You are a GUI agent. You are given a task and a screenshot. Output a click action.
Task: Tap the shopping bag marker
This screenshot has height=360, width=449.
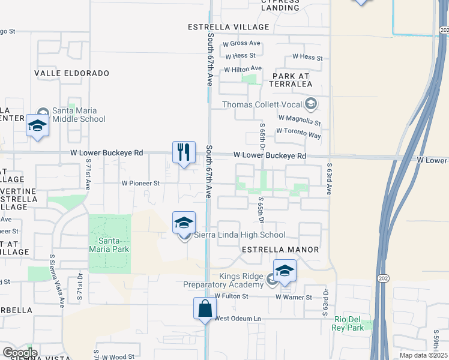click(205, 308)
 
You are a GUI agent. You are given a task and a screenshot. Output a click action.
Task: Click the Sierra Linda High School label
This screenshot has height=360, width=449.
click(239, 235)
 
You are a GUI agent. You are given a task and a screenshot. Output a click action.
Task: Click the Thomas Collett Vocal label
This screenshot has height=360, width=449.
click(262, 104)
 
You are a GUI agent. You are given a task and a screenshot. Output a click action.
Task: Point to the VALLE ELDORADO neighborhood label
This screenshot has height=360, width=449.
click(72, 73)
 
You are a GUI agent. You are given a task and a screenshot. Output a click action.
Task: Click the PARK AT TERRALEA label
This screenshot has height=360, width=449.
click(292, 80)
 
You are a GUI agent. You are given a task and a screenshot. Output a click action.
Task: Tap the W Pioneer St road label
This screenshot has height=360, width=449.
click(140, 183)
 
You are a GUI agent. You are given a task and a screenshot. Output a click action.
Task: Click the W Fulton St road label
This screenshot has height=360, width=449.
click(229, 296)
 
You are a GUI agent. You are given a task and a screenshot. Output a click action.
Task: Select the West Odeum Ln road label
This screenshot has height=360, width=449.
click(238, 319)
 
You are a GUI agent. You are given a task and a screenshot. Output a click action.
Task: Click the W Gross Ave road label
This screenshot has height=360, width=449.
click(241, 43)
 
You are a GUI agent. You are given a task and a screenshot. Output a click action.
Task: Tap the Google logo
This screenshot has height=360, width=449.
click(19, 353)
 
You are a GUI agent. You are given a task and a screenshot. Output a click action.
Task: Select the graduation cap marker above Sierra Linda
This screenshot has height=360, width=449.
click(184, 223)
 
